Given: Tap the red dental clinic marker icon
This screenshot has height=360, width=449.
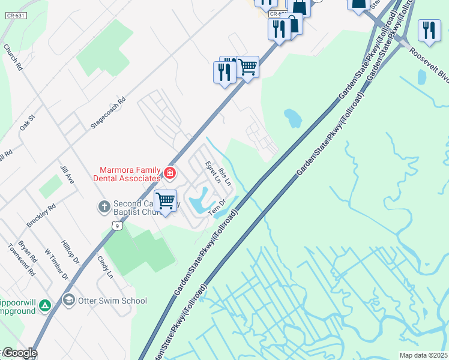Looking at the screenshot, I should (x=170, y=173).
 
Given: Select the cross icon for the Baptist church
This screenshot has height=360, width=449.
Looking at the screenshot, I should (x=104, y=207).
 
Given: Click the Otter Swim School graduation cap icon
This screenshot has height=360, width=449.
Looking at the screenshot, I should (x=69, y=300).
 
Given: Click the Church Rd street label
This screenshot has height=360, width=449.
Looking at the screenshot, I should (x=13, y=58).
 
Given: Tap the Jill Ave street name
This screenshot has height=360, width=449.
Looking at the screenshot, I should (x=67, y=172).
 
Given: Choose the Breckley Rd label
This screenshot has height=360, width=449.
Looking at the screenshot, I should (x=41, y=215).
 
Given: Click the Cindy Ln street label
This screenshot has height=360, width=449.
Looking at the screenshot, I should (x=105, y=267).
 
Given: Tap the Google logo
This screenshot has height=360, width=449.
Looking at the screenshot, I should (x=19, y=353).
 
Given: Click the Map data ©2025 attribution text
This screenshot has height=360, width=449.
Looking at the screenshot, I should (x=423, y=355).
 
